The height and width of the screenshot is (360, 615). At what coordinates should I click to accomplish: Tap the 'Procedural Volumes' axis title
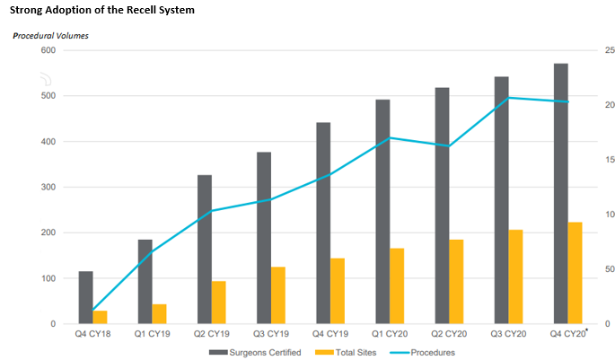[x=50, y=36]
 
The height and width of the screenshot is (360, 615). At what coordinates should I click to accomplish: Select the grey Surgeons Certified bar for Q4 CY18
[x=86, y=297]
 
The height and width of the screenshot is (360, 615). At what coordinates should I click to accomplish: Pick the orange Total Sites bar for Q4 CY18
[x=101, y=317]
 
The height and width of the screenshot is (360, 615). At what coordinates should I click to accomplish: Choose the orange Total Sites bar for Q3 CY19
[x=278, y=295]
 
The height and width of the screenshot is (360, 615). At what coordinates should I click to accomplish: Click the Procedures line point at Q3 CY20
[x=509, y=97]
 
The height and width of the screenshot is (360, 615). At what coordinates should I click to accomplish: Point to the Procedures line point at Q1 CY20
[x=390, y=138]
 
